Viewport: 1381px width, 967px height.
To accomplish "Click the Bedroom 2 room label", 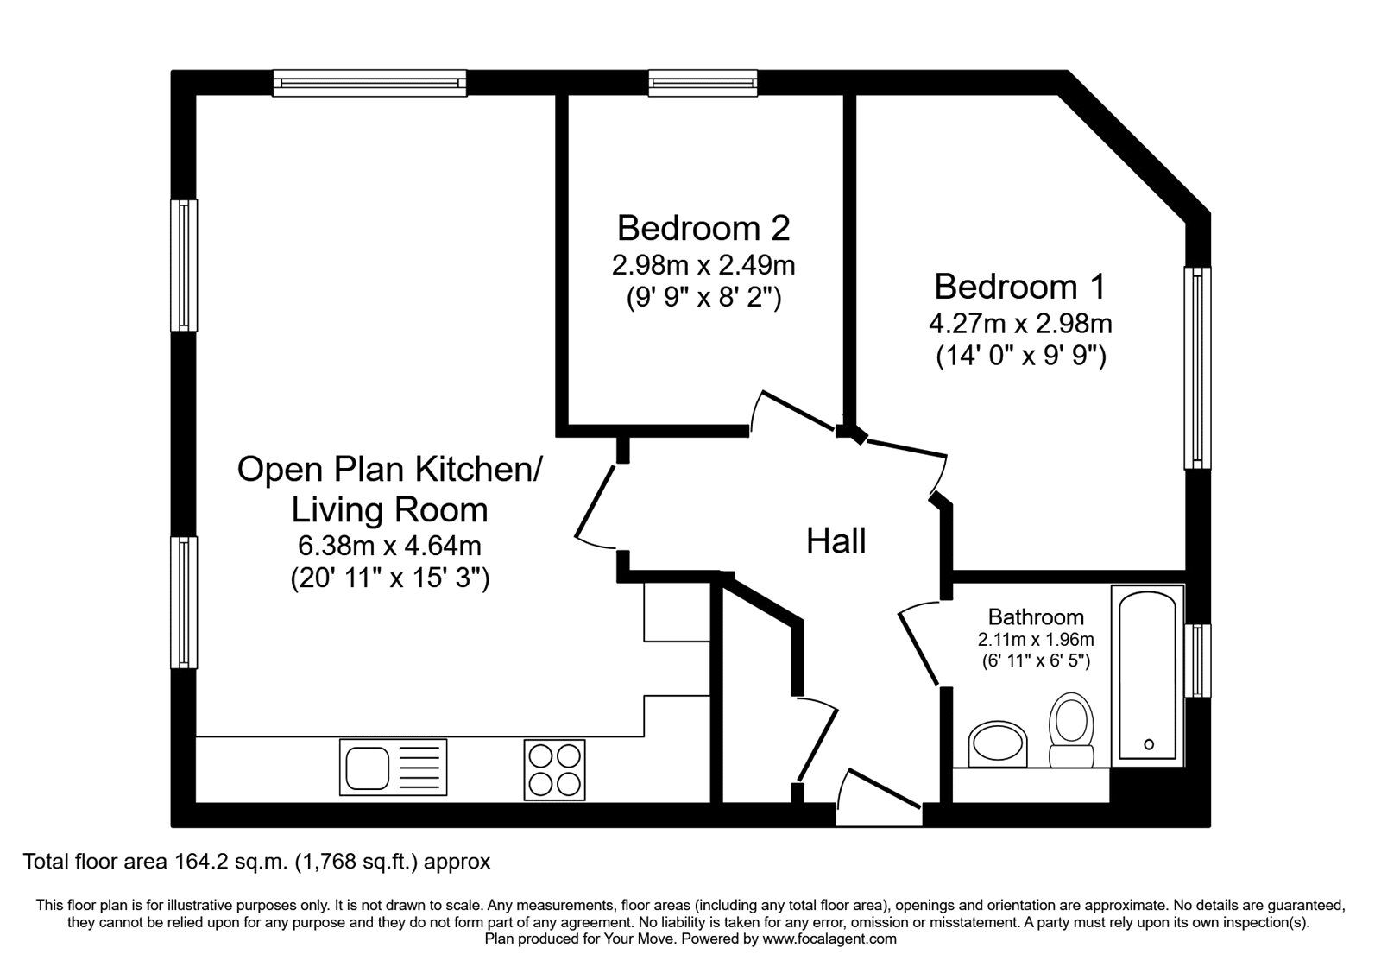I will tap(703, 228).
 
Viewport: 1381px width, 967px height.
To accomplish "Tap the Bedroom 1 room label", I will tap(1020, 286).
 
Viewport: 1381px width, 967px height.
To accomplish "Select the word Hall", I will tap(836, 541).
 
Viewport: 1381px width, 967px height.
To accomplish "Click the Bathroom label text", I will tap(1036, 616).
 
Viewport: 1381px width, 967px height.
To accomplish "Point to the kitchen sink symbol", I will tap(394, 765).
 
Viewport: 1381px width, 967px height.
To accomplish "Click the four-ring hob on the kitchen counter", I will tap(554, 768).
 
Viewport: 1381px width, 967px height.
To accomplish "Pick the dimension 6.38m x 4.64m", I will tap(389, 546).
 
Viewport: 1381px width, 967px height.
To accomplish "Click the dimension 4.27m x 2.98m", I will tap(1020, 324).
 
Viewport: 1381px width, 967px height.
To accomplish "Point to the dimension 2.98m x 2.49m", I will tap(703, 264).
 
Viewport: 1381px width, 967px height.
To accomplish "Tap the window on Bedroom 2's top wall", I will tap(703, 83).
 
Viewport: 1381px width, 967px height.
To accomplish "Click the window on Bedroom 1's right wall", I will tap(1198, 367).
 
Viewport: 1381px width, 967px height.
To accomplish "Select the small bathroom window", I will tap(1198, 660).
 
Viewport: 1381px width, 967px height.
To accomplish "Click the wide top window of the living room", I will tap(370, 83).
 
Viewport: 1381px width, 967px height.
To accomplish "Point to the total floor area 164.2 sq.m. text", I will tap(257, 861).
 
